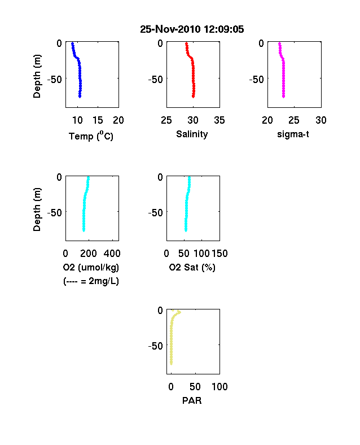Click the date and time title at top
pos(192,29)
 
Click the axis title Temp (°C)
pos(91,136)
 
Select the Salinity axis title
pos(192,134)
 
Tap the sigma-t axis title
pos(293,134)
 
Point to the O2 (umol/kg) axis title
pos(91,267)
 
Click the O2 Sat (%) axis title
pos(192,267)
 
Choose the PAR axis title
pos(192,400)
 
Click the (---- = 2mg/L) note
pos(91,281)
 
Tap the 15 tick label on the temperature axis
pos(98,120)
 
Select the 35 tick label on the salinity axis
pos(219,120)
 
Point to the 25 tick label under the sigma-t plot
pos(294,120)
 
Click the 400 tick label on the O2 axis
pos(112,254)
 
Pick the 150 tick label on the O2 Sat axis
pos(219,254)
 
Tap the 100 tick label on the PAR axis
pos(219,386)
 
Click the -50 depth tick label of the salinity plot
pos(155,80)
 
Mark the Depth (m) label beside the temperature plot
pos(37,76)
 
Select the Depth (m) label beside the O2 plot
pos(37,210)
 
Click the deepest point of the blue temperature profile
pos(80,97)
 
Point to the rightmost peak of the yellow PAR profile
pos(179,312)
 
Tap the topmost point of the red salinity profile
pos(186,43)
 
